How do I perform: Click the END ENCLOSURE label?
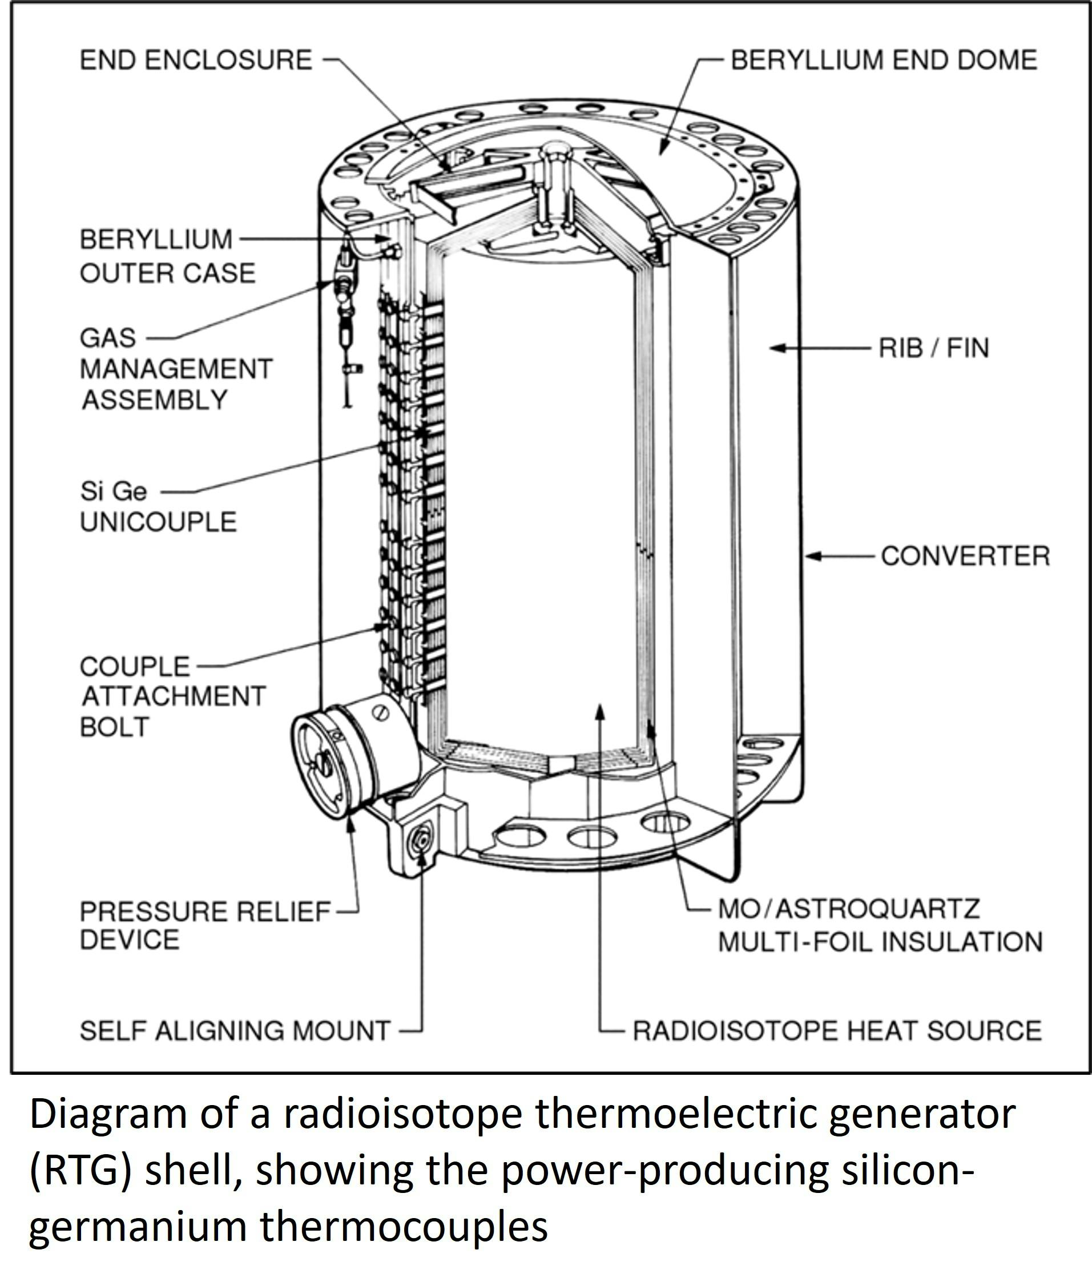pos(196,60)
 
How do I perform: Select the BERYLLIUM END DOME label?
pos(884,60)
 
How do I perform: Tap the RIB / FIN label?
pos(934,348)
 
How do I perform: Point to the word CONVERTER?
pos(966,555)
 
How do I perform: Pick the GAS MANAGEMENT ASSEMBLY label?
pos(176,369)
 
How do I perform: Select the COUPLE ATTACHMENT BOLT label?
pos(173,697)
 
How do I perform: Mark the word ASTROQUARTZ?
pos(878,909)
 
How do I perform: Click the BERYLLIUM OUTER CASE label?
pos(168,256)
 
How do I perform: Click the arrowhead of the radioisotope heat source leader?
pos(599,713)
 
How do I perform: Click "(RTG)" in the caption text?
pos(80,1171)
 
